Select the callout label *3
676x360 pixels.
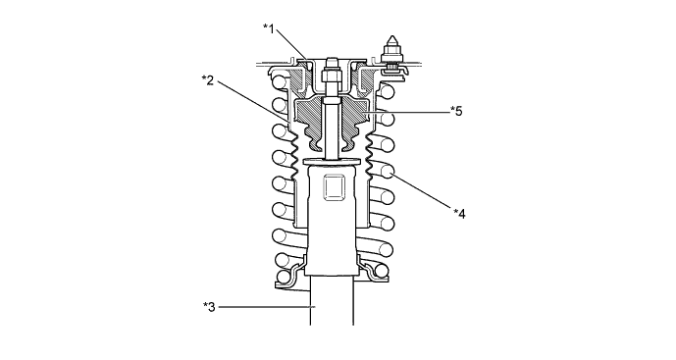tap(209, 306)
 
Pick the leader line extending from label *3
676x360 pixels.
tap(265, 306)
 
